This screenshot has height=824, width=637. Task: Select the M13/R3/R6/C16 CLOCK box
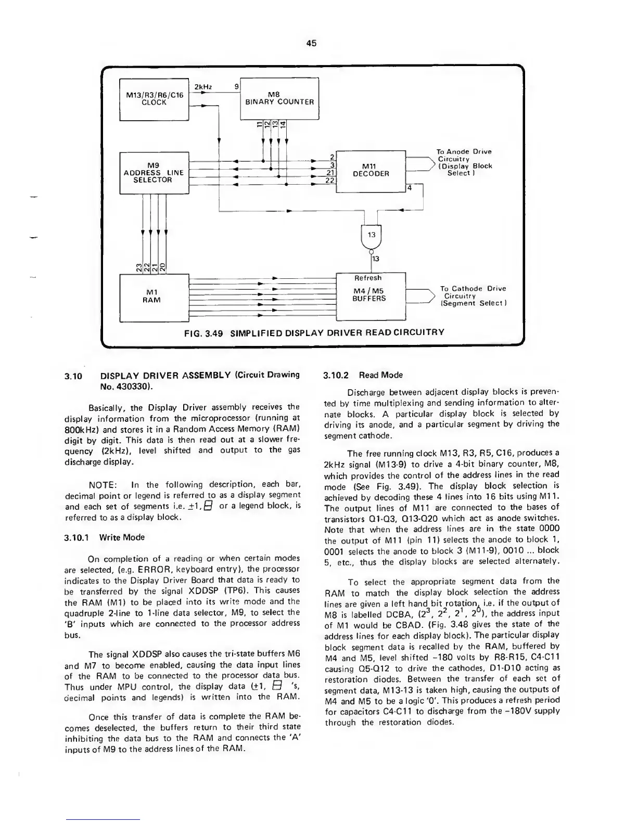(154, 99)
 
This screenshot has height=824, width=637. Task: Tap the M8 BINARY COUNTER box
(279, 98)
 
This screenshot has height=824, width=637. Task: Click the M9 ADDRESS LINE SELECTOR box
(154, 172)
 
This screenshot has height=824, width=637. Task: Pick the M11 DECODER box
(371, 170)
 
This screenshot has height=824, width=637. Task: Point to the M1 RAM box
(151, 297)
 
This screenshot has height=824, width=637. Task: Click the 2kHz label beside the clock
(201, 86)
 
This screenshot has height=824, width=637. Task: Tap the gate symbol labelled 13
(371, 235)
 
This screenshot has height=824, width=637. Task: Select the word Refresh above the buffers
(368, 278)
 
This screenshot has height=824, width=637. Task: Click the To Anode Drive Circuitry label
(463, 162)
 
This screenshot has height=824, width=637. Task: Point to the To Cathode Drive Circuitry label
(473, 295)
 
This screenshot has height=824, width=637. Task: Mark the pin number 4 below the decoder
(410, 187)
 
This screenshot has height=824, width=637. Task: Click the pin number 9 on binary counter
(237, 86)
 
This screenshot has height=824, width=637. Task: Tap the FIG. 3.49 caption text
(311, 332)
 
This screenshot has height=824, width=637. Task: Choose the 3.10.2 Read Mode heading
(363, 375)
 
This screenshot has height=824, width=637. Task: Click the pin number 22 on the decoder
(329, 181)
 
